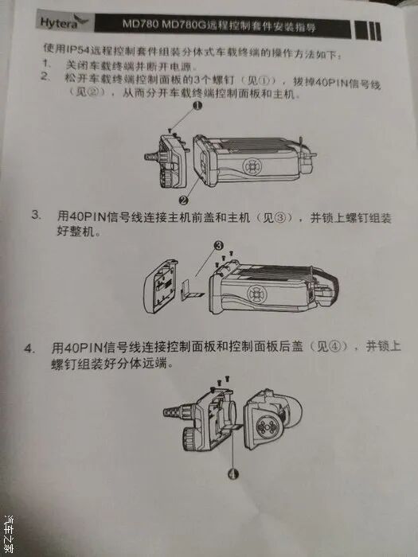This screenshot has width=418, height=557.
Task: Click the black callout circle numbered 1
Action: [197, 106]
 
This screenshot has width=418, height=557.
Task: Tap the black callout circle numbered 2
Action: [183, 201]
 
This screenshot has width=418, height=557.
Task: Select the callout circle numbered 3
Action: [219, 245]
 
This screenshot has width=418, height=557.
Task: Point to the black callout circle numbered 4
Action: [233, 473]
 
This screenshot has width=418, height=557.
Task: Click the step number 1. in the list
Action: [45, 64]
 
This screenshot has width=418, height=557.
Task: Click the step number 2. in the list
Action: [45, 76]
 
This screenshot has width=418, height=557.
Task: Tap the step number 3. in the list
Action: [36, 216]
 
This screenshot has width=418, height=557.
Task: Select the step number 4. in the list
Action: [29, 349]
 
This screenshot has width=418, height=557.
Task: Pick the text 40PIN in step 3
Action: [85, 216]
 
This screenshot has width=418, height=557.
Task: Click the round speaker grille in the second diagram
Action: [256, 294]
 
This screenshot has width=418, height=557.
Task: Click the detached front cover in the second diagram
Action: [161, 286]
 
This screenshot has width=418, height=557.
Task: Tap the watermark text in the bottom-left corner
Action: [8, 534]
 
